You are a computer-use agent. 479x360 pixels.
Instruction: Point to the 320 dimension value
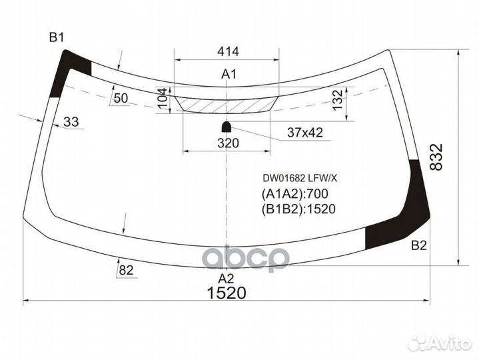[x=229, y=142]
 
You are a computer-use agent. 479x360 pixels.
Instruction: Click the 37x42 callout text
[x=304, y=133]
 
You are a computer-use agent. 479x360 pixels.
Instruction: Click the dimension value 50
[x=121, y=99]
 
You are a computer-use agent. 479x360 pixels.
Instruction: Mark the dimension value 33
[x=71, y=121]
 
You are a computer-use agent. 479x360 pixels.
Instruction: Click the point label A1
[x=229, y=75]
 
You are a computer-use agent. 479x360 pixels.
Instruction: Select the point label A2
[x=227, y=278]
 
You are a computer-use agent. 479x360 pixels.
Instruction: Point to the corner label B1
[x=56, y=37]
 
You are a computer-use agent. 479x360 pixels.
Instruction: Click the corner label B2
[x=418, y=246]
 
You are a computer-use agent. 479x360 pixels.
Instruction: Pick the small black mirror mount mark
[x=227, y=125]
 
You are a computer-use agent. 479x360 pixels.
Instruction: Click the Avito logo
[x=439, y=342]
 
